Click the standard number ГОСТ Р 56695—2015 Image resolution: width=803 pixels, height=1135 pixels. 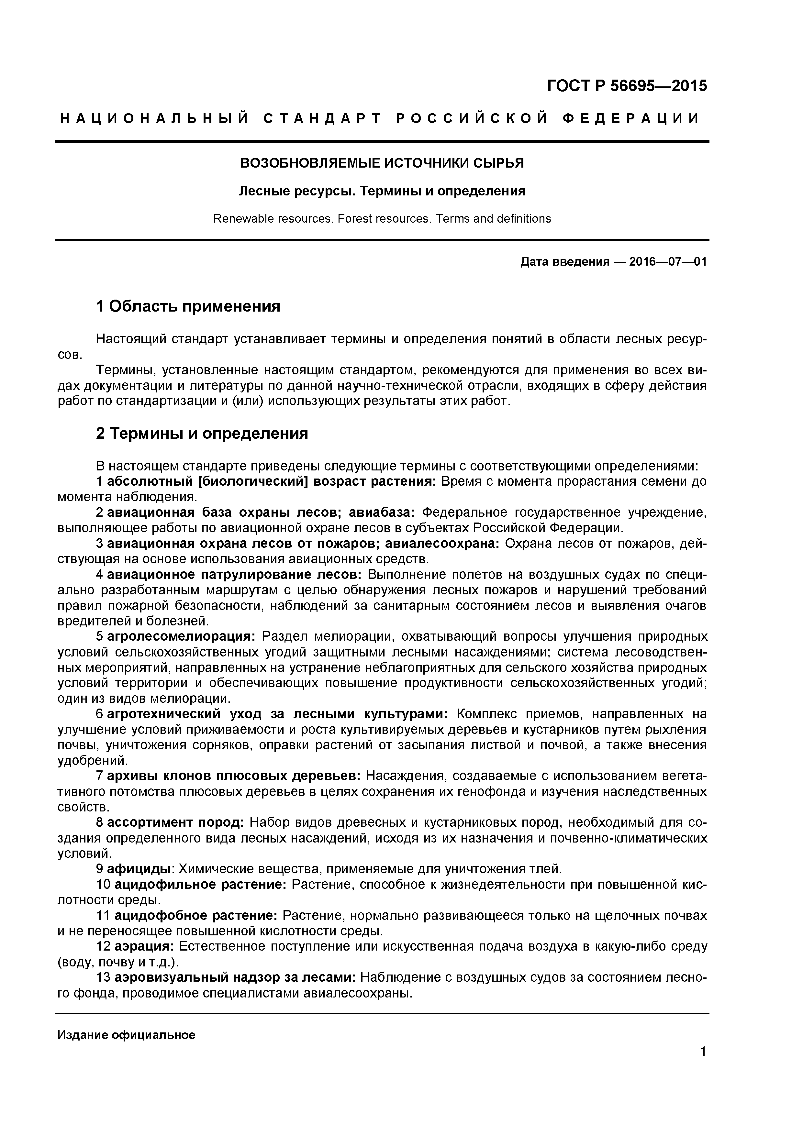pyautogui.click(x=627, y=86)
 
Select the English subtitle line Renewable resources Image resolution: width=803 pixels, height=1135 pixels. pyautogui.click(x=382, y=218)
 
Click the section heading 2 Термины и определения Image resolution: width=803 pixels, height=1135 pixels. pyautogui.click(x=202, y=434)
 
